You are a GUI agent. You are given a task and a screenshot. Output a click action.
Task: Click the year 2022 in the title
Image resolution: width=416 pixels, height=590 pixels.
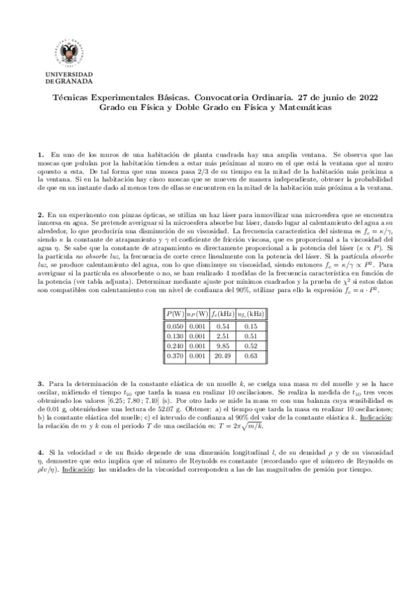350,99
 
